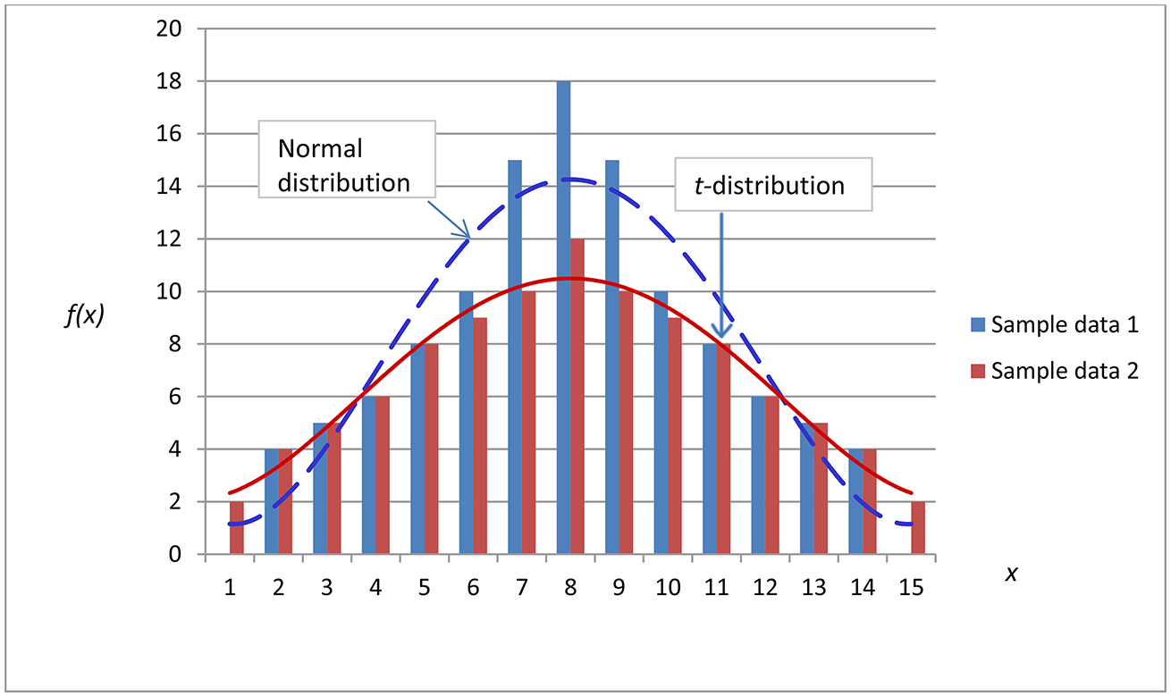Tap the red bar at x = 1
point(237,528)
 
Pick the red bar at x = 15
point(918,528)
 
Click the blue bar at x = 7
point(514,357)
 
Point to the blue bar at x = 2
point(272,501)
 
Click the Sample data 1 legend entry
point(1054,324)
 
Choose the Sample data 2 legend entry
point(1054,371)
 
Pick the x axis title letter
point(1012,574)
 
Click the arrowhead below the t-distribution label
point(721,332)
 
